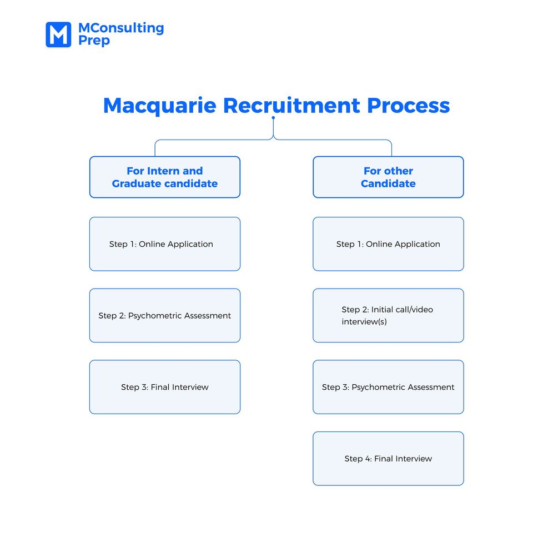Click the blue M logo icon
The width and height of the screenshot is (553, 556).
point(58,34)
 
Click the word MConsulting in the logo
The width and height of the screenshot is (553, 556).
point(121,28)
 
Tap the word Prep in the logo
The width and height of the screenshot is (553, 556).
point(94,41)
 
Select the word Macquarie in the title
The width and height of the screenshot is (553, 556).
point(159,106)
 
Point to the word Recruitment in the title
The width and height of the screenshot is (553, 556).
point(291,106)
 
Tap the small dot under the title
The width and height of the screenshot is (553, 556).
point(273,118)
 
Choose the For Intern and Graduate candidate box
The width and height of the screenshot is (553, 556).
point(165,177)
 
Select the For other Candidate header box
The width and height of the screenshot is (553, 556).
point(388,177)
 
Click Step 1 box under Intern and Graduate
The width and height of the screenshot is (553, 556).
point(165,244)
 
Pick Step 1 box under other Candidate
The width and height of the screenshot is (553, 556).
point(388,244)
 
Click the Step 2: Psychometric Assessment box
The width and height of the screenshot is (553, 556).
point(165,315)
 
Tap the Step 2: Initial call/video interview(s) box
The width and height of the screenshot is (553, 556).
point(388,315)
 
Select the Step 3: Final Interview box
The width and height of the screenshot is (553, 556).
point(165,387)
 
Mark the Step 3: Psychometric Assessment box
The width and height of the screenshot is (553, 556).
point(388,387)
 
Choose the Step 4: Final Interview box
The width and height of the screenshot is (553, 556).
point(388,459)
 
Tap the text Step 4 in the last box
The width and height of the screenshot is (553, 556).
point(357,459)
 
